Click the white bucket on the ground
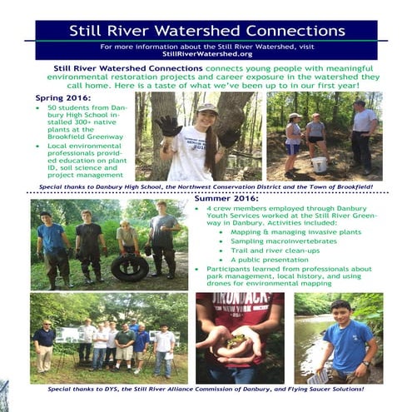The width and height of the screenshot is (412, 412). pos(320,164)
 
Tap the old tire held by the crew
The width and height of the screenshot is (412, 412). pos(131,266)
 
